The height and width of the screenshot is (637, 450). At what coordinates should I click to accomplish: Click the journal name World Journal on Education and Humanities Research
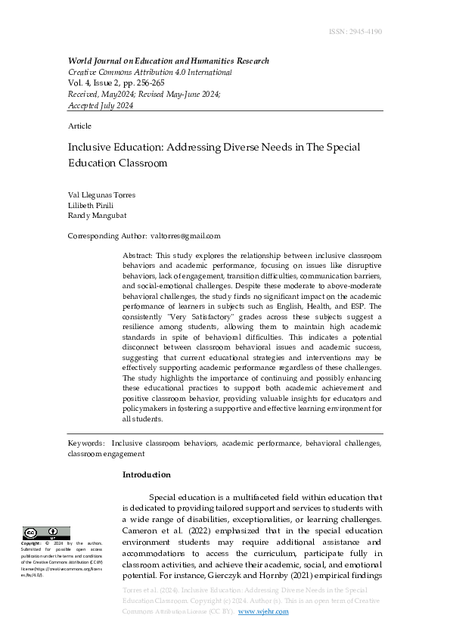168,61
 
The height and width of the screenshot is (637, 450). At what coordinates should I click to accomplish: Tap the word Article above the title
79,126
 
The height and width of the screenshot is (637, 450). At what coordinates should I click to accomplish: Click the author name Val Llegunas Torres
101,194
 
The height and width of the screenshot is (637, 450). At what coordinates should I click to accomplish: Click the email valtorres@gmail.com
185,236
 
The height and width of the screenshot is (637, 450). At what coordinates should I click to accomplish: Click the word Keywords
85,443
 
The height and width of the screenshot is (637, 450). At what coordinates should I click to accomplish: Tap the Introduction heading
146,475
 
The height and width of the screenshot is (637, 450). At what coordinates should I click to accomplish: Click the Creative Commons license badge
46,533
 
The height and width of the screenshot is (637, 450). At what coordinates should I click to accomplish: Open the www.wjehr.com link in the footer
263,611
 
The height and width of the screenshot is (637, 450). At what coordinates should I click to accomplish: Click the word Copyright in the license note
31,543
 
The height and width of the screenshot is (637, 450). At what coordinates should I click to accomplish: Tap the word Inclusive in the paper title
88,147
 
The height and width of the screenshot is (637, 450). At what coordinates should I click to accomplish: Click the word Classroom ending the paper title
140,163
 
